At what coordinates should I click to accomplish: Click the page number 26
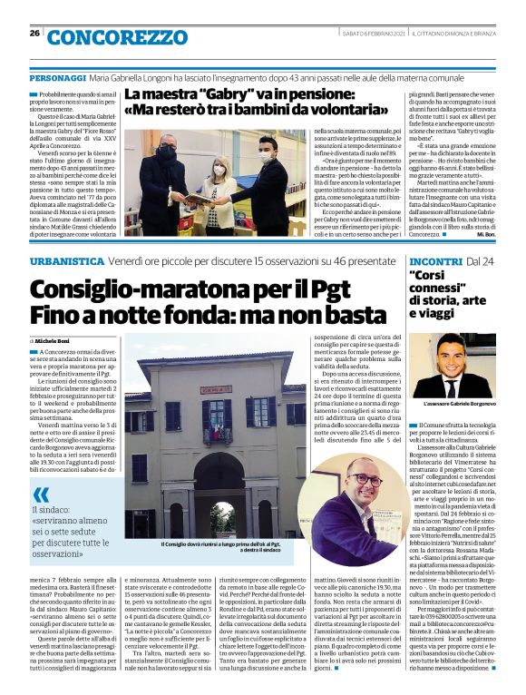34,34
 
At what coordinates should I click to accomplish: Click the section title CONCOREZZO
115,37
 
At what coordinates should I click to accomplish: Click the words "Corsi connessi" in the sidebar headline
442,287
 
